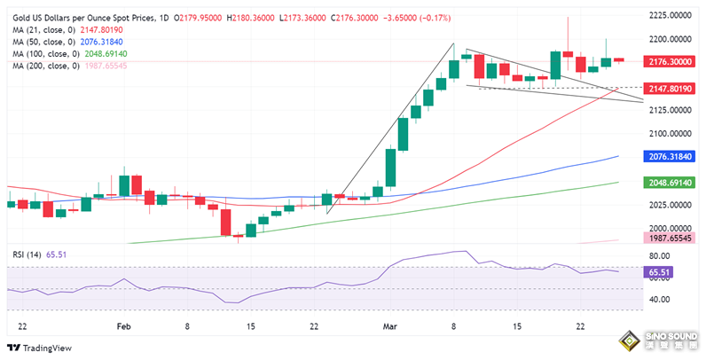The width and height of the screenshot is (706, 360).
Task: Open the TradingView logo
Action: (42, 348)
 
